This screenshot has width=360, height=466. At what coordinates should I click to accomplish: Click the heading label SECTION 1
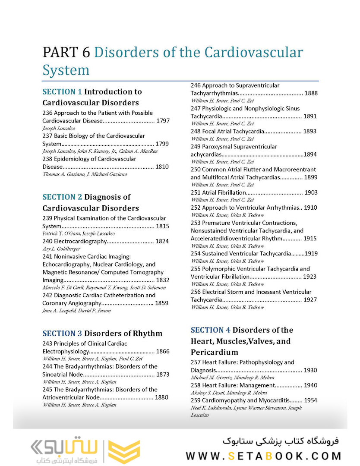pyautogui.click(x=62, y=91)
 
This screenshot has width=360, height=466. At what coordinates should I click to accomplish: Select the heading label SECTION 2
pyautogui.click(x=62, y=197)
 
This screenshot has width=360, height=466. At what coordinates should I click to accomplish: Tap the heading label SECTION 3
pyautogui.click(x=62, y=333)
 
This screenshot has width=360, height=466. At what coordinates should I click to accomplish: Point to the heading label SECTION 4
pyautogui.click(x=210, y=330)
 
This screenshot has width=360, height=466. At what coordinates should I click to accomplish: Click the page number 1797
pyautogui.click(x=162, y=121)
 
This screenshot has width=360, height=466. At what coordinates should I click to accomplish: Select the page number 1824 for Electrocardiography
pyautogui.click(x=162, y=241)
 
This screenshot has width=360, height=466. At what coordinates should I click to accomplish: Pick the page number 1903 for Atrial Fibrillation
pyautogui.click(x=311, y=192)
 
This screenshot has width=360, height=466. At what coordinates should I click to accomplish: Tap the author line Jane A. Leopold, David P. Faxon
pyautogui.click(x=76, y=311)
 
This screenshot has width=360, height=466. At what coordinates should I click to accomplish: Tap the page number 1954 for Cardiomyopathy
pyautogui.click(x=310, y=400)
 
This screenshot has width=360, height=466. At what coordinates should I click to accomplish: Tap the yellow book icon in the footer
pyautogui.click(x=124, y=452)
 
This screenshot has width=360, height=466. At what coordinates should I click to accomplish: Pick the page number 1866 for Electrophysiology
pyautogui.click(x=162, y=351)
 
